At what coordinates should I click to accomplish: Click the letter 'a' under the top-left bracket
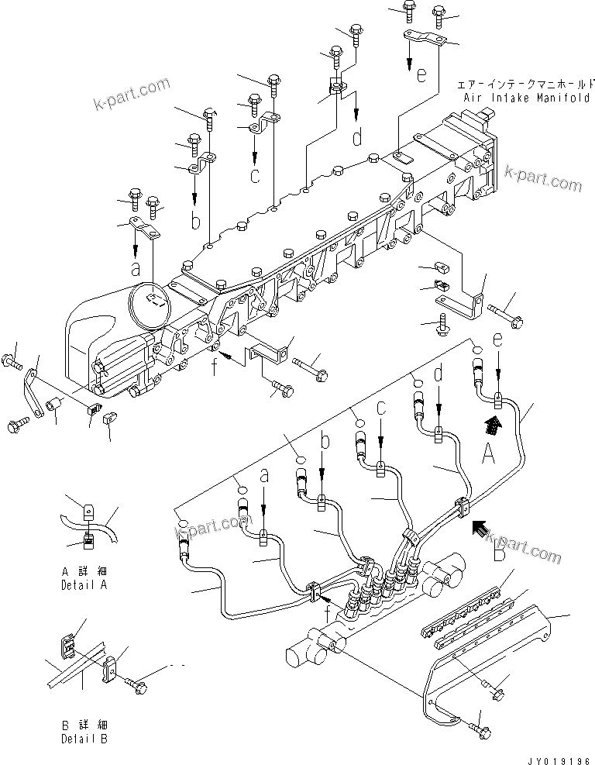tap(136, 270)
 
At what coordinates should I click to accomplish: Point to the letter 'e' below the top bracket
tap(421, 75)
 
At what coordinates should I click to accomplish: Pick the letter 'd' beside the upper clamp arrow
tap(357, 137)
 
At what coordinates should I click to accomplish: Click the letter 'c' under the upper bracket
tap(253, 175)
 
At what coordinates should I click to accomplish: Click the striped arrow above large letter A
tap(491, 423)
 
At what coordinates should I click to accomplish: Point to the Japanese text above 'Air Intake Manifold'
tap(525, 84)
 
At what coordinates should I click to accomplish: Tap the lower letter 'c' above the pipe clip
tap(380, 407)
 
